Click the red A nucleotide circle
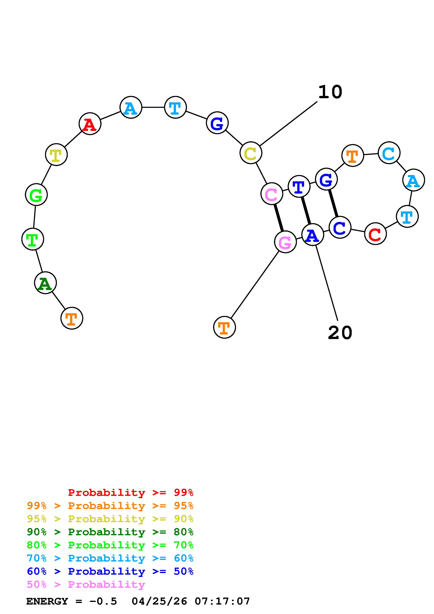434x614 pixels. pyautogui.click(x=90, y=124)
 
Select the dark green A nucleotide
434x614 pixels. pyautogui.click(x=46, y=283)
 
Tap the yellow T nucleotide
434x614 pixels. pyautogui.click(x=56, y=155)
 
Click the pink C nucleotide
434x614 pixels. pyautogui.click(x=272, y=194)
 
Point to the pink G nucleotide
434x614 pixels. pyautogui.click(x=285, y=242)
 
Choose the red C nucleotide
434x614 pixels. pyautogui.click(x=375, y=234)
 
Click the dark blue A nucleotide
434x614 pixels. pyautogui.click(x=313, y=235)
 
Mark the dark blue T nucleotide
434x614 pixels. pyautogui.click(x=299, y=186)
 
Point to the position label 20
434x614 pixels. pyautogui.click(x=340, y=333)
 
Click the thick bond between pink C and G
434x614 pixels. pyautogui.click(x=279, y=218)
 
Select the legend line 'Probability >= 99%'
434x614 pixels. pyautogui.click(x=131, y=493)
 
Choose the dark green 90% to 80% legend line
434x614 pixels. pyautogui.click(x=110, y=532)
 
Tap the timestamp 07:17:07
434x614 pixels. pyautogui.click(x=222, y=601)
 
